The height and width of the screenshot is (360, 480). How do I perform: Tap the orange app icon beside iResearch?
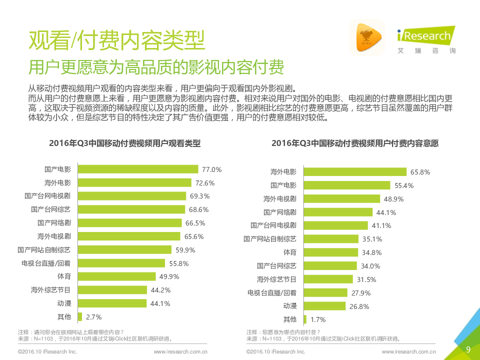[367, 37]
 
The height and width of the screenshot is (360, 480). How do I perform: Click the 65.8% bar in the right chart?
[355, 172]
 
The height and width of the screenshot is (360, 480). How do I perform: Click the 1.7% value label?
[318, 319]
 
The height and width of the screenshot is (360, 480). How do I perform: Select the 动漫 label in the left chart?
[64, 303]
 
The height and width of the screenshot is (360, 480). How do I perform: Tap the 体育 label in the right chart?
[289, 252]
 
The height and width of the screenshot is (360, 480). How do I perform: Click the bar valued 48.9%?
[342, 199]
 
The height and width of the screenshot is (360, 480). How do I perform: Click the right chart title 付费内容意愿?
[355, 143]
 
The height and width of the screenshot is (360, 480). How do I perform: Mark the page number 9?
[468, 349]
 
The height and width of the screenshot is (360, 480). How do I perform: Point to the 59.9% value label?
[185, 250]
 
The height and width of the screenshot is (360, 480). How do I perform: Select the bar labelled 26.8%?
[324, 306]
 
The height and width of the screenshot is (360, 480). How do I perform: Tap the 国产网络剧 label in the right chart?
[280, 212]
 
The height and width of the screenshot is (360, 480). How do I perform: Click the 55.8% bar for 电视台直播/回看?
[121, 263]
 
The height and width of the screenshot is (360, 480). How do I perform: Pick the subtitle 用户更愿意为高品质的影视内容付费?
[156, 67]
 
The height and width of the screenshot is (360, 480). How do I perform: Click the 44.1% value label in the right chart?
[386, 212]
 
